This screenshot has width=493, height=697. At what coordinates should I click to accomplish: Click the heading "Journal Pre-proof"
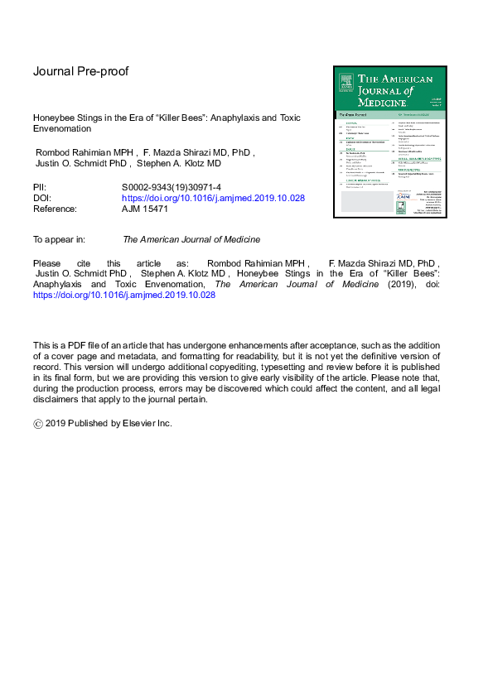point(80,71)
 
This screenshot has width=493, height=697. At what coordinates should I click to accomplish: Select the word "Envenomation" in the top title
point(62,129)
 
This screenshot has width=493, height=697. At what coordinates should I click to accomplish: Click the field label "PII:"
point(40,189)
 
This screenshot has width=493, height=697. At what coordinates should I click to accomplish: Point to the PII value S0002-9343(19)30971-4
point(171,189)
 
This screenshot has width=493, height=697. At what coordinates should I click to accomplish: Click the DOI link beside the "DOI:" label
point(213,199)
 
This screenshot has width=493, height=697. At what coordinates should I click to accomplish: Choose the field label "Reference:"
point(56,209)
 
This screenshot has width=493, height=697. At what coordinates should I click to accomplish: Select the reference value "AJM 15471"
point(145,209)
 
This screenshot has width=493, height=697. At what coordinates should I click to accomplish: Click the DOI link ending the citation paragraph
point(123,294)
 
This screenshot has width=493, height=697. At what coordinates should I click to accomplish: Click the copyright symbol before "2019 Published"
point(38,423)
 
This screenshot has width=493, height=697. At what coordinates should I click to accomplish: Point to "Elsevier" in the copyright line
point(138,423)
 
